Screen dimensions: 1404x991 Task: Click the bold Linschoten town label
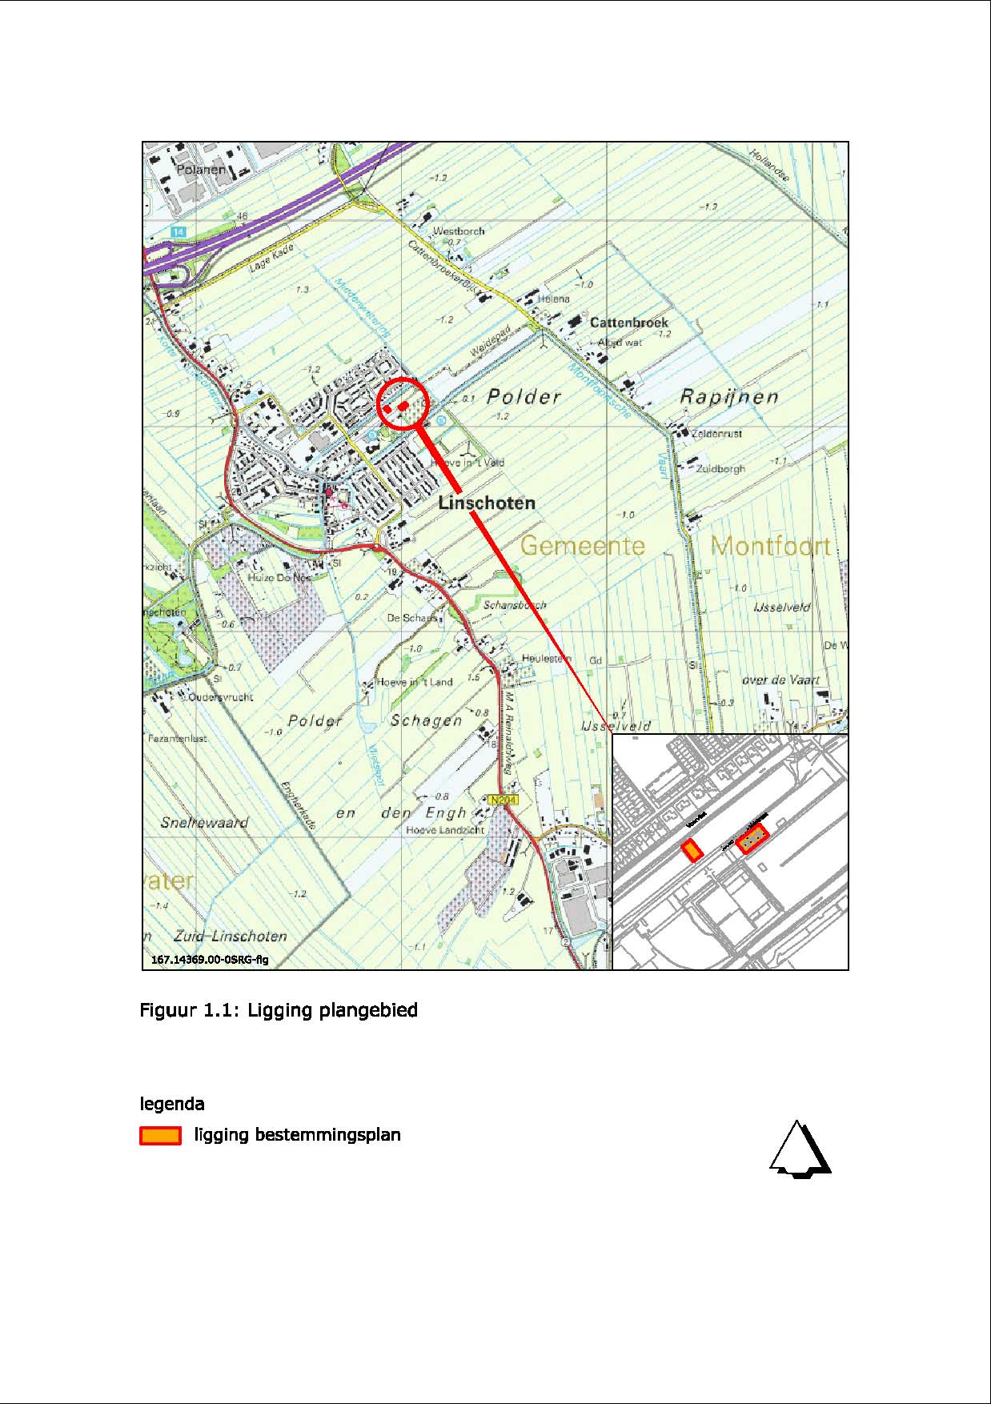(x=487, y=503)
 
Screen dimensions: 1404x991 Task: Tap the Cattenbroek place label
(x=628, y=323)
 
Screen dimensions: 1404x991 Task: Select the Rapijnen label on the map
(x=728, y=397)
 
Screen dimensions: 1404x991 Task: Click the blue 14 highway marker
(x=178, y=231)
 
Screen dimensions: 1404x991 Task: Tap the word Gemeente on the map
(x=583, y=546)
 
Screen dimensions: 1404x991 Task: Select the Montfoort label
(x=770, y=546)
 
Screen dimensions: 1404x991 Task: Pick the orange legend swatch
(x=160, y=1135)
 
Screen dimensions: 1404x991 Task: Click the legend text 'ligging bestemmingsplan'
(x=297, y=1134)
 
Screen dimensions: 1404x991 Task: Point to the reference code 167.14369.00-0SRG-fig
(x=209, y=959)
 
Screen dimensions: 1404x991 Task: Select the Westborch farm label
(x=459, y=231)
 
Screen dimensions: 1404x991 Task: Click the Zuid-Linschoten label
(x=230, y=936)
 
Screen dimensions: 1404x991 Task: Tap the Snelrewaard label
(x=205, y=822)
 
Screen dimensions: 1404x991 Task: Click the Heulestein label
(x=546, y=658)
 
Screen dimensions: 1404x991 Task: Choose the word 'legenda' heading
(x=172, y=1104)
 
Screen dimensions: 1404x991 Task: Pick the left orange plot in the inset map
(x=691, y=850)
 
